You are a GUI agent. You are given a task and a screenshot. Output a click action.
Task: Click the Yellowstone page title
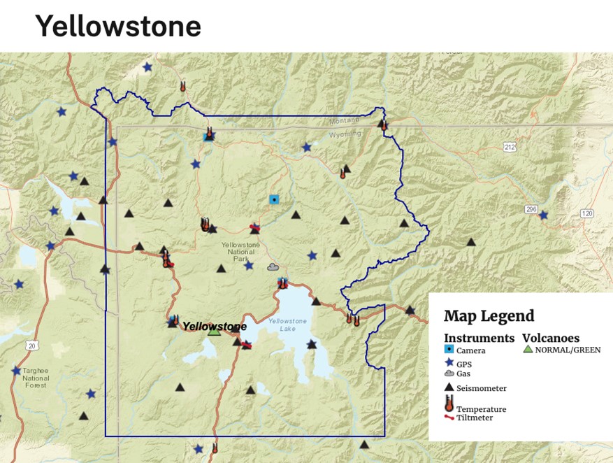(x=117, y=27)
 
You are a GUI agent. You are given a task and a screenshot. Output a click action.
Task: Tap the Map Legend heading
(x=489, y=315)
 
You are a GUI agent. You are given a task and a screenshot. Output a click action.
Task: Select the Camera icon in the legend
(x=449, y=349)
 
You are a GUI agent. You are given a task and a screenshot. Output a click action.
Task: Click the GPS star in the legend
(x=449, y=363)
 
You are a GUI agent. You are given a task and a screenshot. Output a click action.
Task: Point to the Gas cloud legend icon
(x=449, y=373)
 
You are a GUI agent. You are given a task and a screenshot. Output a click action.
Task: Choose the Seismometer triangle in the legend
(x=449, y=387)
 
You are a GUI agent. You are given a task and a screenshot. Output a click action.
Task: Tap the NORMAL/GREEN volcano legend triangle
(x=528, y=349)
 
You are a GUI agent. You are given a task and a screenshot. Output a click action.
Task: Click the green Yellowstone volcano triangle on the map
(x=214, y=332)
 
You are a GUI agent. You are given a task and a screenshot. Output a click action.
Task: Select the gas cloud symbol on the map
(x=273, y=267)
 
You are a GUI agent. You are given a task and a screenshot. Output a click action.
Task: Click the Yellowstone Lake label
(x=287, y=325)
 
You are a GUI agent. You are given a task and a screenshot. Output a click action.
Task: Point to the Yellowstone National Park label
(x=240, y=250)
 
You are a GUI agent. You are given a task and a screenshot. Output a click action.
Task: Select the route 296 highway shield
(x=533, y=208)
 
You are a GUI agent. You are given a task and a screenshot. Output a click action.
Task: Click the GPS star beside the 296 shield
(x=543, y=215)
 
